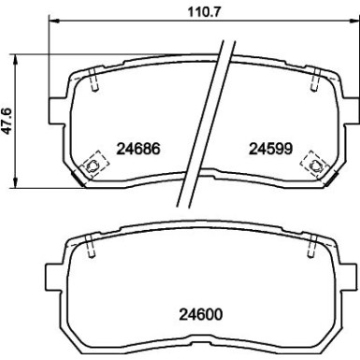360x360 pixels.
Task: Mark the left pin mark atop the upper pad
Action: [96, 83]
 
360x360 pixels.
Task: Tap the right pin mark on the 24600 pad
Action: [311, 251]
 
